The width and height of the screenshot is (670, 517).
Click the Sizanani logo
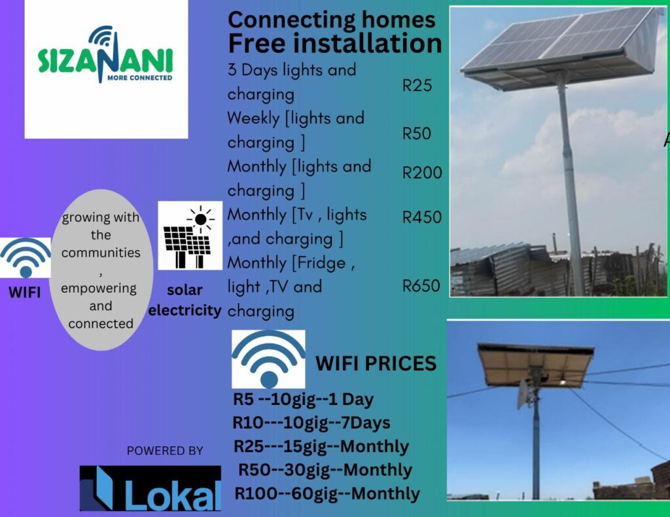tap(105, 55)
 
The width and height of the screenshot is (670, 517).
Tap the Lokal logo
tap(150, 488)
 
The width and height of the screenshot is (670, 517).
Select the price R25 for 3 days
tap(417, 86)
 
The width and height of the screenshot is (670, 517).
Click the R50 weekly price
tap(417, 134)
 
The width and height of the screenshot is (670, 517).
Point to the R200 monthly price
tap(422, 173)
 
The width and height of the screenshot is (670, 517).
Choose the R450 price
tap(422, 217)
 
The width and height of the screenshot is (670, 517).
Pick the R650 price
tap(421, 285)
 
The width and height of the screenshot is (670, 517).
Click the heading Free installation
tap(335, 43)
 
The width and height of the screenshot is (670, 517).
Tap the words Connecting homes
tap(332, 20)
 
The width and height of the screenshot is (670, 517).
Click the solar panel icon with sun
tap(190, 236)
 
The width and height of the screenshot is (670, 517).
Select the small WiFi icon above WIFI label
tap(26, 258)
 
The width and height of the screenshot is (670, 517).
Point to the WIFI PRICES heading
tap(376, 364)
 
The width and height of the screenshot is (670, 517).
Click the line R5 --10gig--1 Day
tap(304, 399)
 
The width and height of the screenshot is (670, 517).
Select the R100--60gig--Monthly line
tap(327, 493)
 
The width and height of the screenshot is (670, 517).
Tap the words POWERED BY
tap(165, 450)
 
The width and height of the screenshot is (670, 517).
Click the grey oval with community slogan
tap(101, 270)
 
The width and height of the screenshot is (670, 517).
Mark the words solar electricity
tap(185, 300)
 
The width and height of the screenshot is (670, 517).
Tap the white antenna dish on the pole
tap(524, 394)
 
